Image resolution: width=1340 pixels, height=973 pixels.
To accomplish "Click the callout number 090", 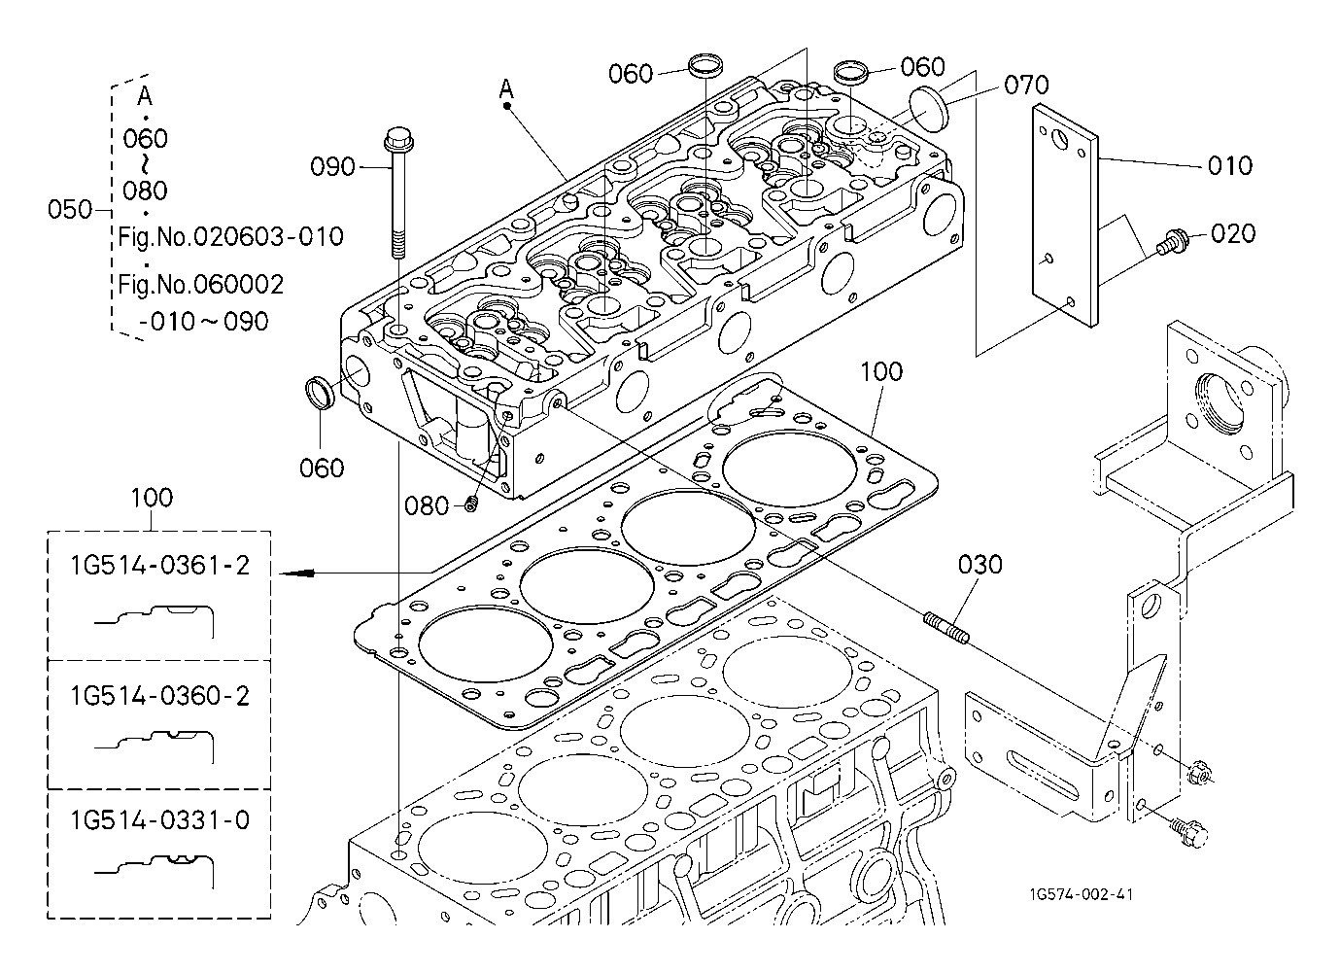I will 332,166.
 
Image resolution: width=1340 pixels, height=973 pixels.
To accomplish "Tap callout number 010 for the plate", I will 1230,165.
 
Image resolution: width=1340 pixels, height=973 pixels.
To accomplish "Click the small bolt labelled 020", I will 1171,240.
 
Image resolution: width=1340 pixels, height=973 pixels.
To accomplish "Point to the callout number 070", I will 1026,85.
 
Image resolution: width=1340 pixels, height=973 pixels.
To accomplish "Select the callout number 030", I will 979,564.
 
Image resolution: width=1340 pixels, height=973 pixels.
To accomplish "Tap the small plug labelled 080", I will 471,503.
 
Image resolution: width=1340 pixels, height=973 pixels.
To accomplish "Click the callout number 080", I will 427,505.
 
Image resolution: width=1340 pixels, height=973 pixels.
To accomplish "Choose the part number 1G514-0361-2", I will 159,565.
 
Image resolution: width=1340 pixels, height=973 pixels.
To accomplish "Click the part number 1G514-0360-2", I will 159,695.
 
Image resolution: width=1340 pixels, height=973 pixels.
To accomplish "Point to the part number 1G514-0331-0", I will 159,820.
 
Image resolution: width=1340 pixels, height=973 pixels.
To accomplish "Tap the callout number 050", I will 70,209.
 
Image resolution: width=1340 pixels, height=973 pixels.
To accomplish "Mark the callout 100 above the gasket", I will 881,371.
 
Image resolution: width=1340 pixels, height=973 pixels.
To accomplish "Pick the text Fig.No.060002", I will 201,284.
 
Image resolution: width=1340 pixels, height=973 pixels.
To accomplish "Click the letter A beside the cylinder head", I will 506,89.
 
